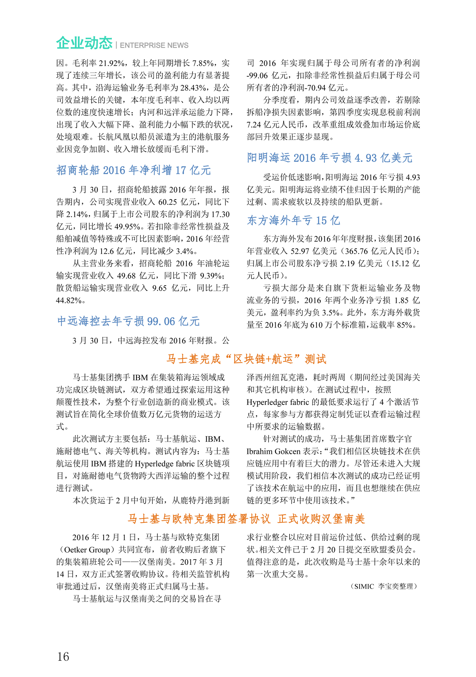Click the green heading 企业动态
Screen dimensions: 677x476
[x=84, y=43]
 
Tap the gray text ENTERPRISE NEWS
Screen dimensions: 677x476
[x=154, y=46]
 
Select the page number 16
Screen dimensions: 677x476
[x=63, y=656]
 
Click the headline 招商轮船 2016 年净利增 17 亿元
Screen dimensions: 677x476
[x=134, y=170]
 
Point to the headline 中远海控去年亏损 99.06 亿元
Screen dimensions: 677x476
[x=129, y=321]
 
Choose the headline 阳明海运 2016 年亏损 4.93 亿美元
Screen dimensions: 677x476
[x=330, y=158]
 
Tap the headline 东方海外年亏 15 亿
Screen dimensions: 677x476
[x=294, y=220]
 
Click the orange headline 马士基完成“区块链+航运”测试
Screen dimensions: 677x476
[x=246, y=359]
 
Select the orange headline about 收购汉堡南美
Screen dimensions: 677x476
[x=246, y=519]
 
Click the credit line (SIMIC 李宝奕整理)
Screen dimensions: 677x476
[x=384, y=586]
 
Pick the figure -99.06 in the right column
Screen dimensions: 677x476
[x=257, y=75]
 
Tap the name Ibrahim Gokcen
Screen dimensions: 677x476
[x=273, y=451]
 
